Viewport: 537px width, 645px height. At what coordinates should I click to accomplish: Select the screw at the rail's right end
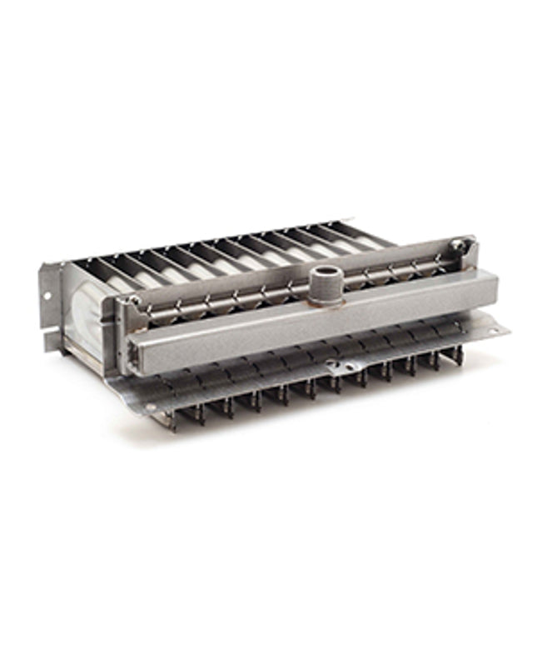(455, 246)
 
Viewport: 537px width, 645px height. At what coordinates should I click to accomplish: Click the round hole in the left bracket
(47, 297)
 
